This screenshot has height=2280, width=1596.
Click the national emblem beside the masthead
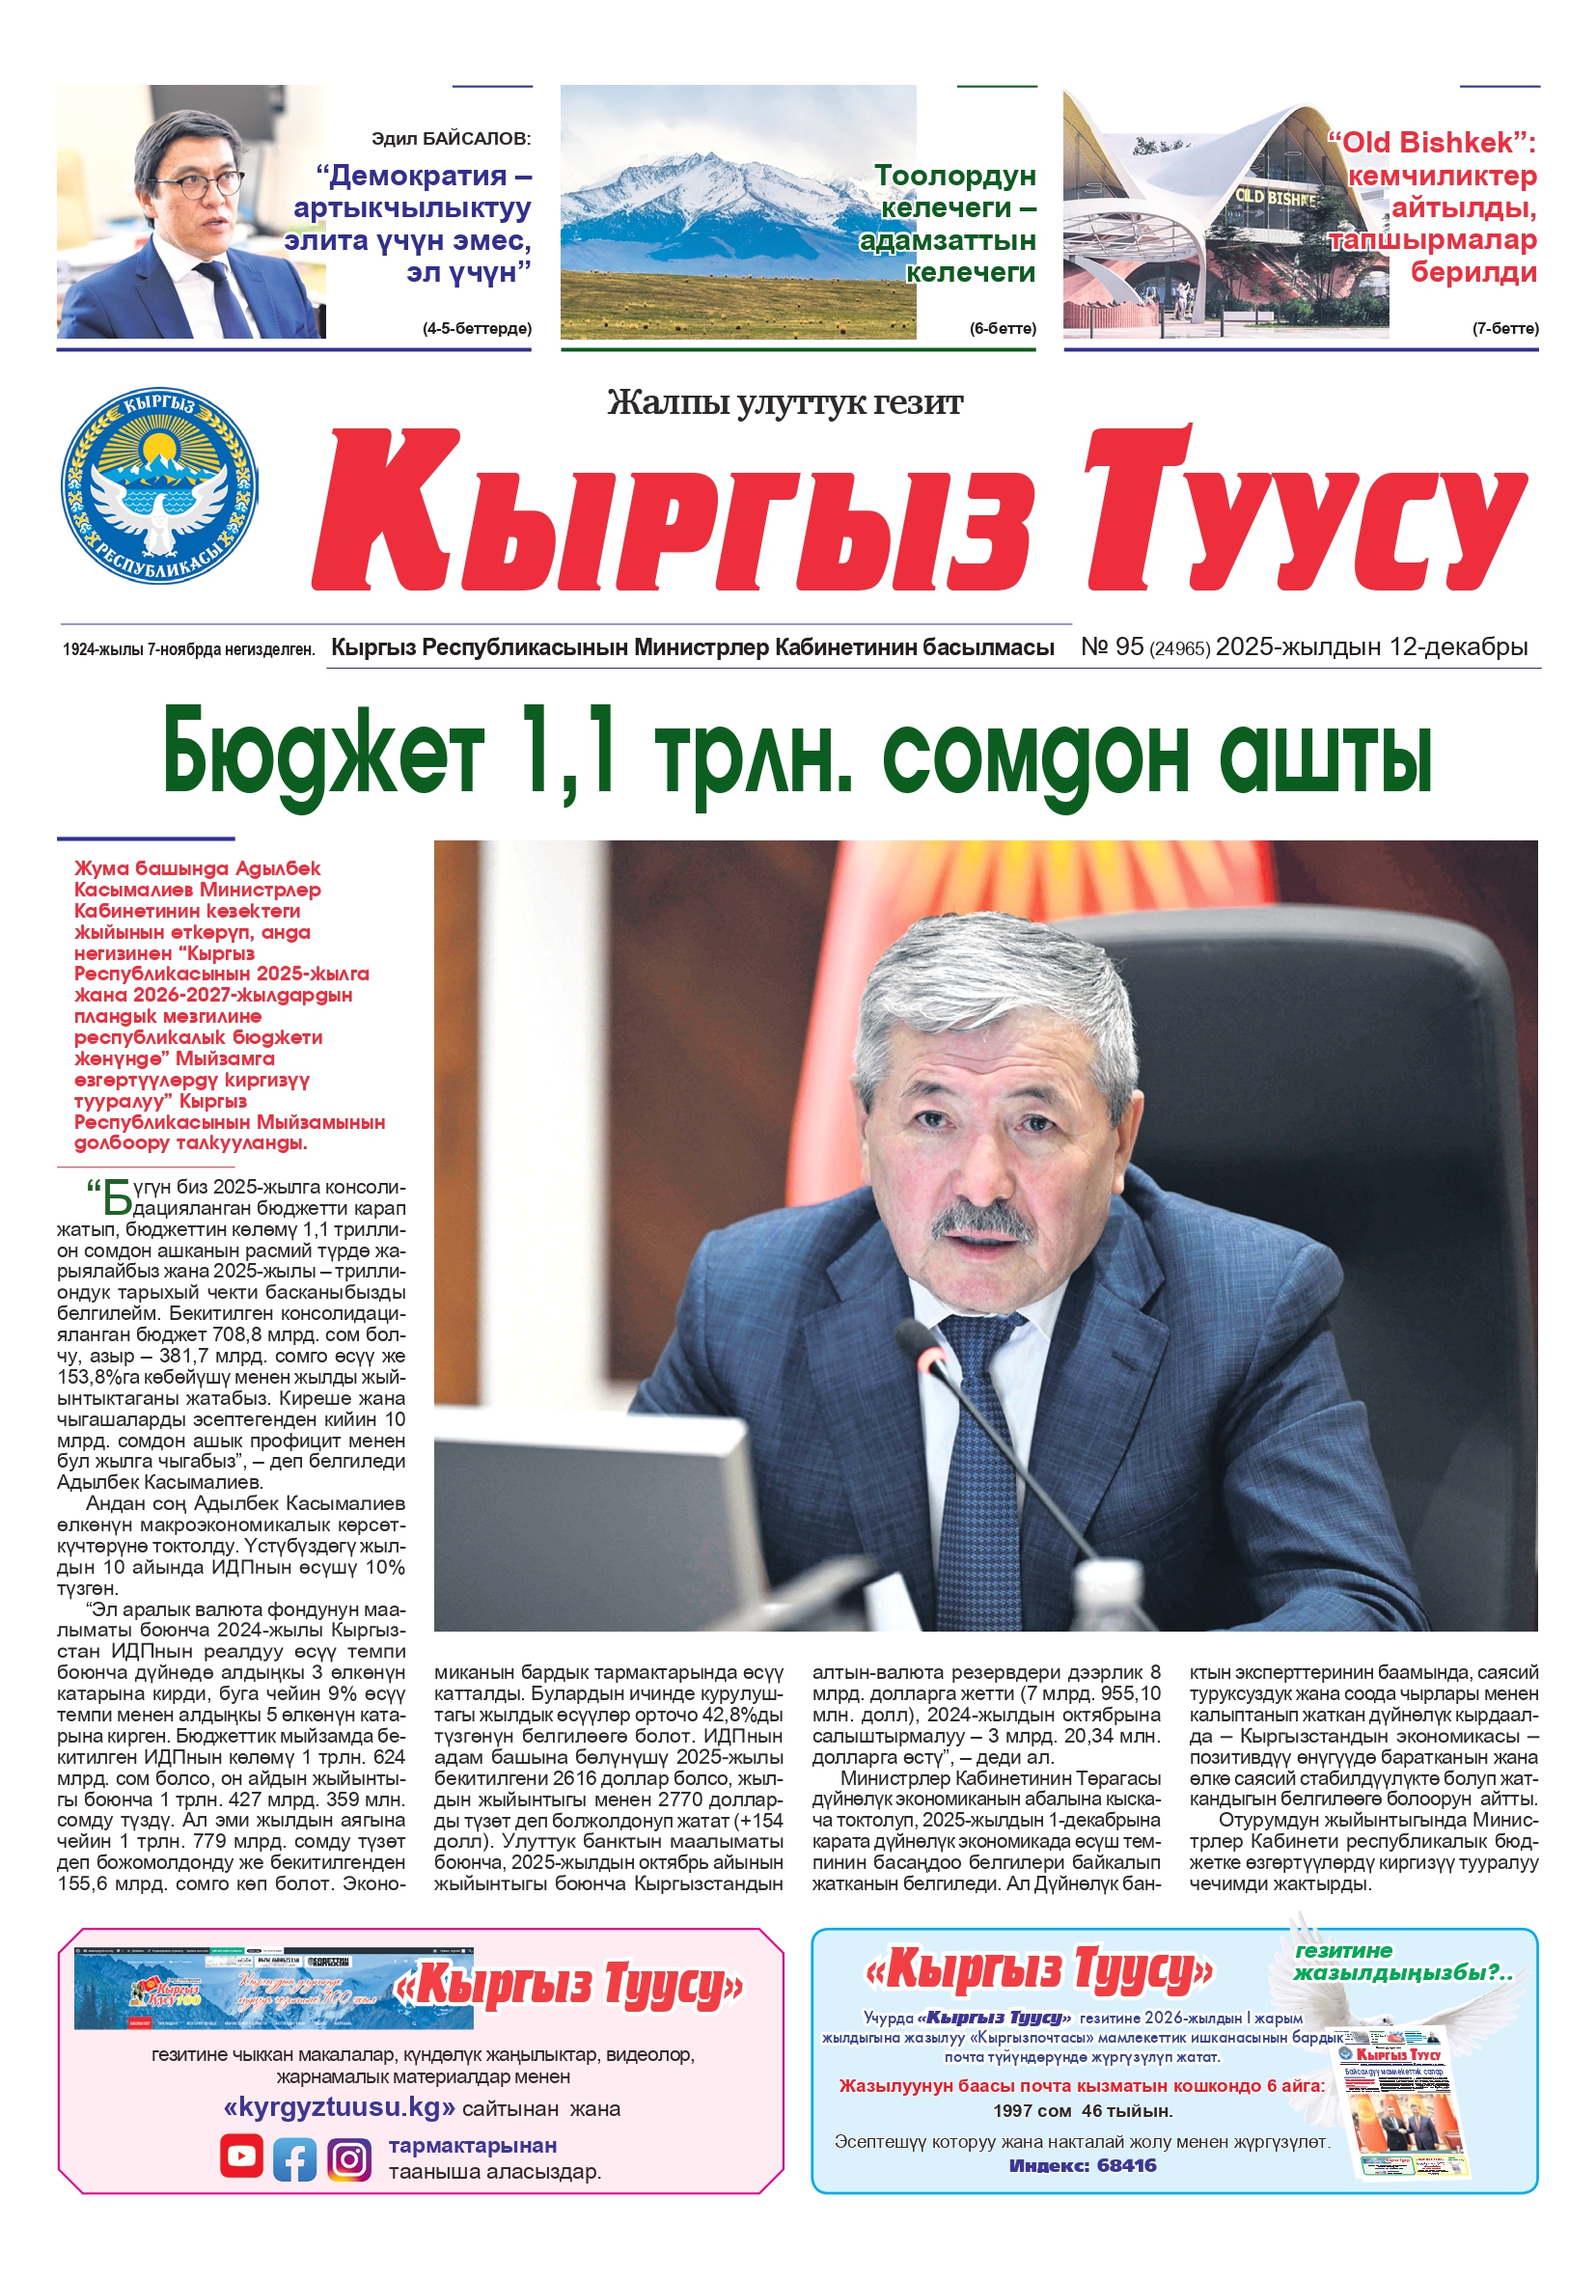click(159, 484)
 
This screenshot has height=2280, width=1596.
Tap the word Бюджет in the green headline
click(323, 753)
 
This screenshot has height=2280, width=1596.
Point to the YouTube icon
click(241, 2156)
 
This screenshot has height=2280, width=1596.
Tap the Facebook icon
click(295, 2158)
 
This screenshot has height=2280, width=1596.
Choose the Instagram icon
click(348, 2158)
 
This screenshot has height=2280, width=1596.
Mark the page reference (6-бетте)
click(1003, 329)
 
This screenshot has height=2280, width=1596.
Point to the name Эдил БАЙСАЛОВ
click(451, 139)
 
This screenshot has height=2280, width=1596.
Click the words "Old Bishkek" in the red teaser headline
click(1426, 143)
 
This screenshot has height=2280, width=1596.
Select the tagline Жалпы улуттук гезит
click(784, 402)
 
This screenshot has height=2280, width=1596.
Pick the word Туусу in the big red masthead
click(1301, 511)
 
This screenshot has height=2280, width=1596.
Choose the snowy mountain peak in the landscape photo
click(711, 160)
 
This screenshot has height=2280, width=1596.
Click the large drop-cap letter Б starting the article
click(117, 1197)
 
